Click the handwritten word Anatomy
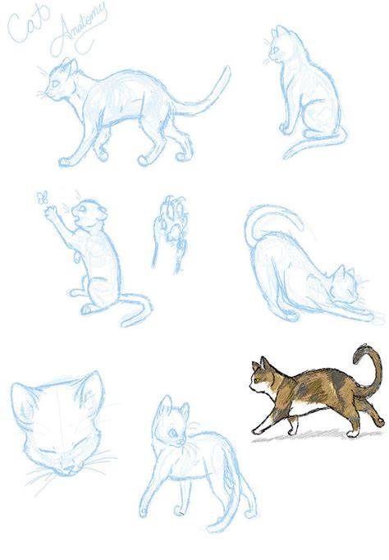point(80,30)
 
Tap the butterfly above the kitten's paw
point(42,198)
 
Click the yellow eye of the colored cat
point(254,379)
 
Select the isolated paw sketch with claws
point(170,234)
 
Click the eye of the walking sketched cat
point(56,85)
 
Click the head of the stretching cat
point(344,284)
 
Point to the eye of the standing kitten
point(173,434)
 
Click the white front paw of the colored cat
point(258,429)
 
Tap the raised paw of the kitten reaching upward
point(50,211)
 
